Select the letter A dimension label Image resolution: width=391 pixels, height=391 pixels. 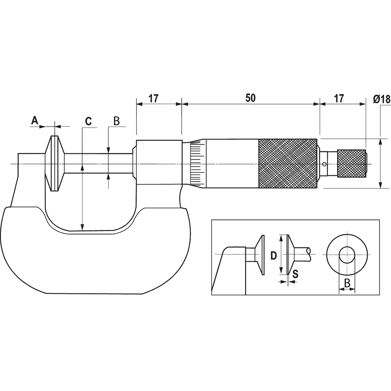[x=35, y=120]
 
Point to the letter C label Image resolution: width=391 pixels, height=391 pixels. [x=89, y=121]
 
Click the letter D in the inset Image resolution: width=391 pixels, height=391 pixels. [x=274, y=256]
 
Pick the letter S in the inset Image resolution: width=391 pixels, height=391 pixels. [x=295, y=274]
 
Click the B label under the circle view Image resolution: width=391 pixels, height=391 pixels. [x=347, y=283]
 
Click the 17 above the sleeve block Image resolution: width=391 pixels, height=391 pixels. [x=154, y=99]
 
